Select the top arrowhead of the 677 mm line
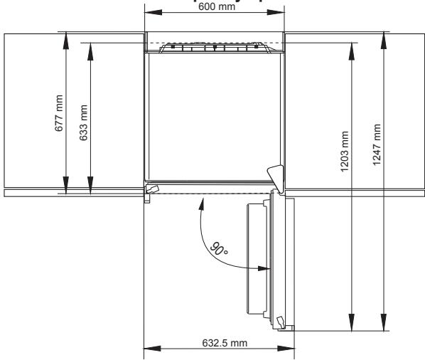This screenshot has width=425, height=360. [x=65, y=37]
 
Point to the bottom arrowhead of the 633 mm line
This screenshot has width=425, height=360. [x=90, y=187]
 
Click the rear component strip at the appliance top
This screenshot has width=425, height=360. [x=214, y=48]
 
